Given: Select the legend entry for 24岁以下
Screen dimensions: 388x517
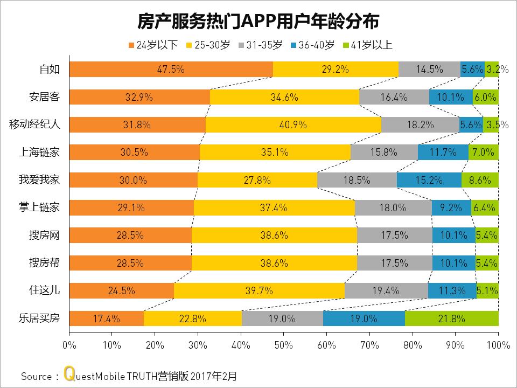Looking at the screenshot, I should coord(153,45).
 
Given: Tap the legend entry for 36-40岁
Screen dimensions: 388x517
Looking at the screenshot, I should coord(312,45).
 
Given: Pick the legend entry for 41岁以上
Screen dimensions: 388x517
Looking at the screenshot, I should coord(366,45).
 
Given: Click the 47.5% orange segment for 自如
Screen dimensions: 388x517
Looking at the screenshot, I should coord(171,70).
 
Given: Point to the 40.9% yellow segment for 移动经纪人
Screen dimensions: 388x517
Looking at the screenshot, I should coord(294,125).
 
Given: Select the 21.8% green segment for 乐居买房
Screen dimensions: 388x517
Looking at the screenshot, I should coord(451,318).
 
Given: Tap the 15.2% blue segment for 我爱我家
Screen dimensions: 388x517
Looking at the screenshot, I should coord(429,181).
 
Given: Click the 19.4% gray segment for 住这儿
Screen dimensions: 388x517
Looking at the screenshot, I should coord(386,291).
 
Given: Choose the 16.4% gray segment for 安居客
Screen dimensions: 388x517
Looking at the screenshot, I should coord(394,98).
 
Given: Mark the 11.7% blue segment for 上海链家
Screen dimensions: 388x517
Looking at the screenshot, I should coord(443,153).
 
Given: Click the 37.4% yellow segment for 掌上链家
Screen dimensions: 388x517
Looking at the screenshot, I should coord(274,208).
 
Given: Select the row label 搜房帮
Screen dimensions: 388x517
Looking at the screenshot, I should coord(44,263).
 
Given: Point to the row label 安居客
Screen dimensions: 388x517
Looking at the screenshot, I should coord(44,98).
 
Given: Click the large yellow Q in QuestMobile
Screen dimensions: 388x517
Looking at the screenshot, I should coord(68,373).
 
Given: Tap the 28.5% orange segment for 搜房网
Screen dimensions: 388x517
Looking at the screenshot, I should coord(130,235).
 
